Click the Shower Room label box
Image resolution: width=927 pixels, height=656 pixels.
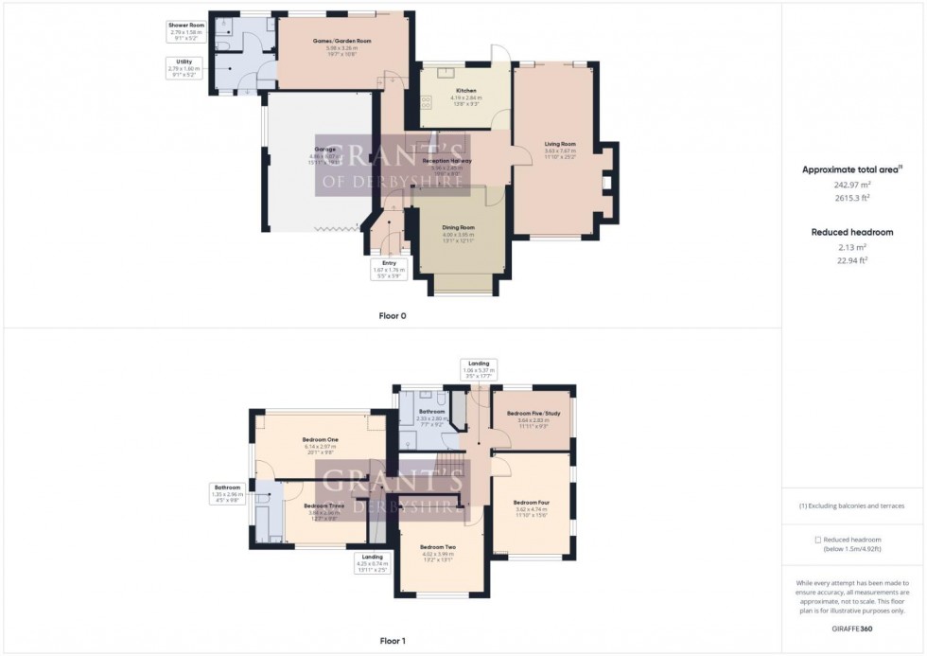pyautogui.click(x=186, y=30)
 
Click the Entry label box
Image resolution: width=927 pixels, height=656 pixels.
pyautogui.click(x=389, y=269)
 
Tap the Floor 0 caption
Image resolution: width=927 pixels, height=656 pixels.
pyautogui.click(x=391, y=315)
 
